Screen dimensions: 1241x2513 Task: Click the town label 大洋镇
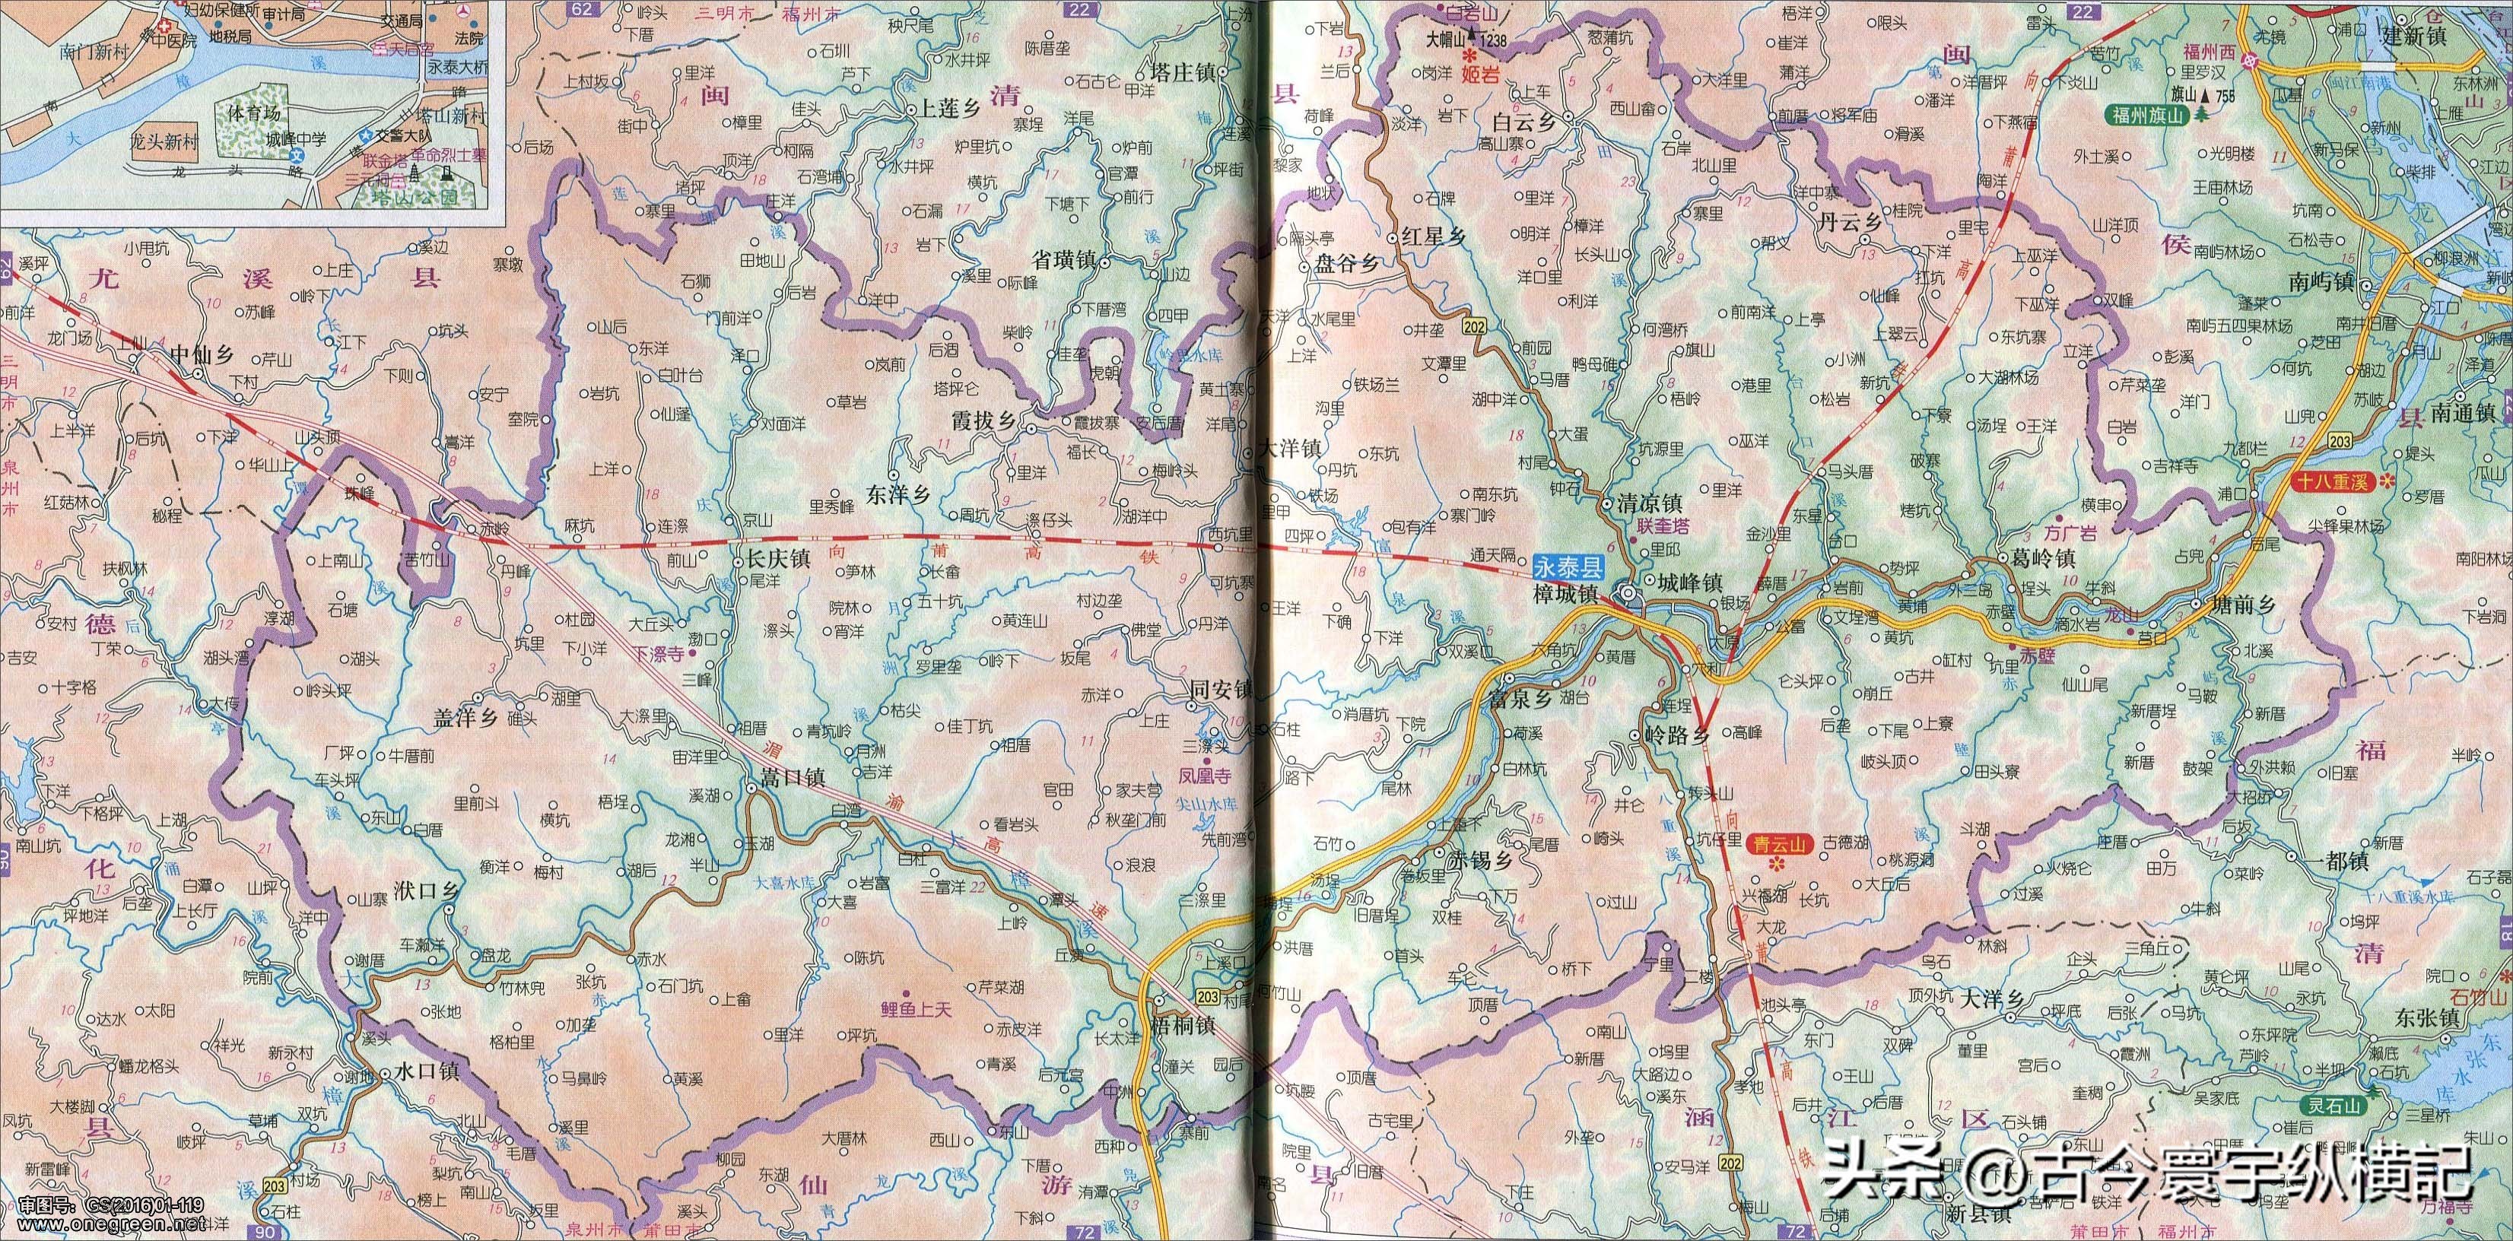click(x=1288, y=449)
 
